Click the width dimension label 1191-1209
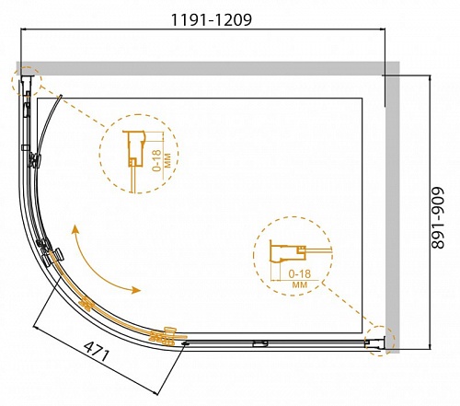coord(211,20)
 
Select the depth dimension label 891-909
coord(438,217)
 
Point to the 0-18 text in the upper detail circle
coord(156,160)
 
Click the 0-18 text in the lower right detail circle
coord(300,273)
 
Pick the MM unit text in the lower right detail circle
coord(300,285)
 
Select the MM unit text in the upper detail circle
coord(167,160)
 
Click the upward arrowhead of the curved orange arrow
coord(75,229)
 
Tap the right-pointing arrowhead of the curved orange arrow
coord(135,290)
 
